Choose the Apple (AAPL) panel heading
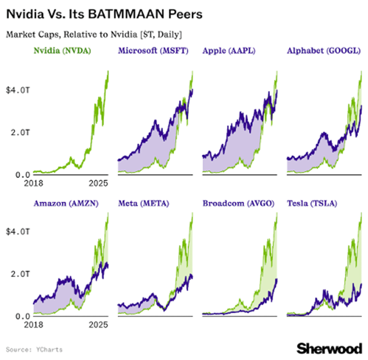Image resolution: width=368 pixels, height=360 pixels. click(229, 51)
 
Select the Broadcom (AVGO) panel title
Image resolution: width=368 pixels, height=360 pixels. click(238, 204)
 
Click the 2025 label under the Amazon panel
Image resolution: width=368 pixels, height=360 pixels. click(98, 325)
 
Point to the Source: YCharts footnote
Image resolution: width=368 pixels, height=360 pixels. click(34, 350)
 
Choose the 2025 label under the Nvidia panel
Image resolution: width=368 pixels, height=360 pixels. click(98, 184)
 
